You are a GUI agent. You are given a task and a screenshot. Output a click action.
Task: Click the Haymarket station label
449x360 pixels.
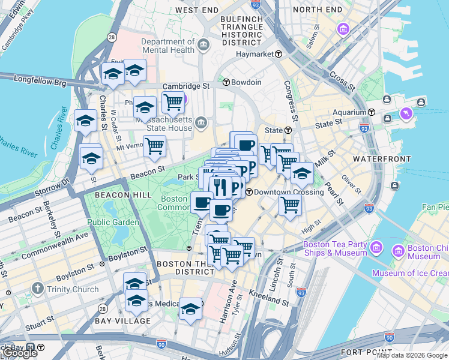tap(254, 54)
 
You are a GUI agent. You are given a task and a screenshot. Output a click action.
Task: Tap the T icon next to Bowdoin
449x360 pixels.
tap(226, 82)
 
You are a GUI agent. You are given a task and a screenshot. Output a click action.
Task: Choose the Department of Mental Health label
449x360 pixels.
tap(168, 46)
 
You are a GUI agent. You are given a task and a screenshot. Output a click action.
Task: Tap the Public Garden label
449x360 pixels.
tap(107, 222)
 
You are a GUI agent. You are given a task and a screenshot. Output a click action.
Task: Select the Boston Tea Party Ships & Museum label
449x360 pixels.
tap(335, 248)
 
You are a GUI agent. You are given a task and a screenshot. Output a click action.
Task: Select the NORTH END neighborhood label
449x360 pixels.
tap(318, 10)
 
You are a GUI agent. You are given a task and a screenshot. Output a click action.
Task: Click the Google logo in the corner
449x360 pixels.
tap(19, 353)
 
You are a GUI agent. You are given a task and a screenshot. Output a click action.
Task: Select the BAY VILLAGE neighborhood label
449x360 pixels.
tap(122, 321)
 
